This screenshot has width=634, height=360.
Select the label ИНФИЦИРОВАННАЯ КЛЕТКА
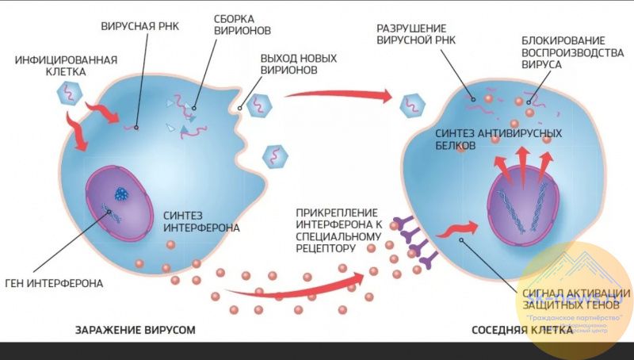66,66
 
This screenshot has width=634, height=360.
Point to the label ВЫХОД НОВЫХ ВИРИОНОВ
299,64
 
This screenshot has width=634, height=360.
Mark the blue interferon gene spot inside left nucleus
121,192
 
